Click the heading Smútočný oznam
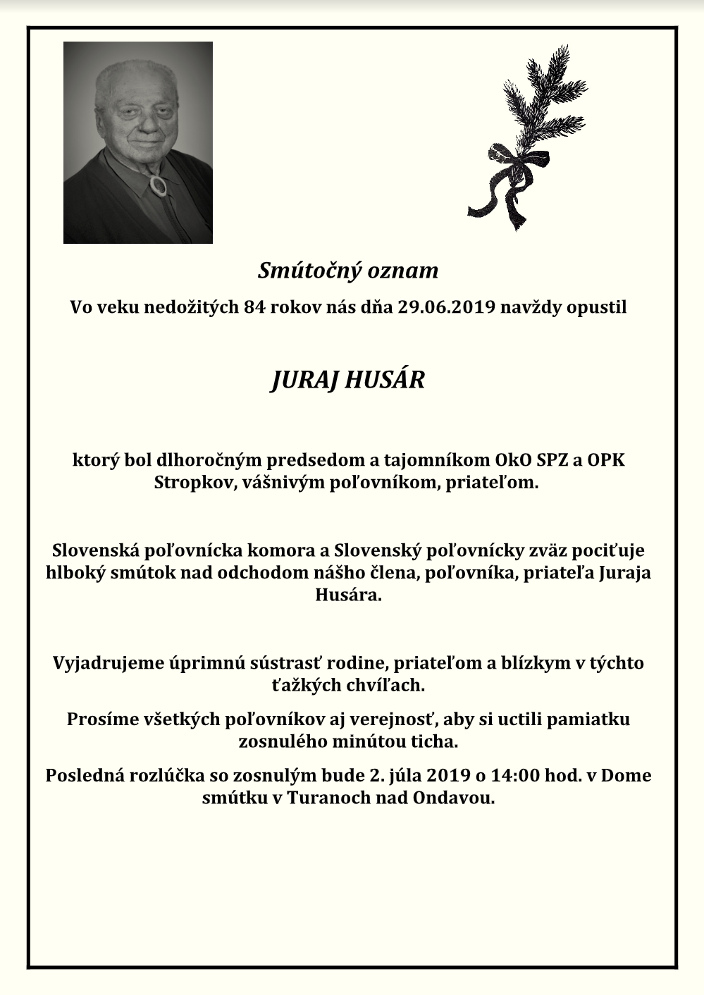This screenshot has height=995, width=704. (x=348, y=270)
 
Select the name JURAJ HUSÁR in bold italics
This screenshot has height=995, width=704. (x=348, y=380)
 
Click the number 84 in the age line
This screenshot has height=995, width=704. (x=254, y=307)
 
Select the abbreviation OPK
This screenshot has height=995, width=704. (x=605, y=461)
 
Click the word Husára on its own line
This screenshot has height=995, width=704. (x=348, y=595)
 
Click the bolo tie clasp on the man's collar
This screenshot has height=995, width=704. (x=158, y=185)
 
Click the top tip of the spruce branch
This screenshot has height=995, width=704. (x=564, y=48)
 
